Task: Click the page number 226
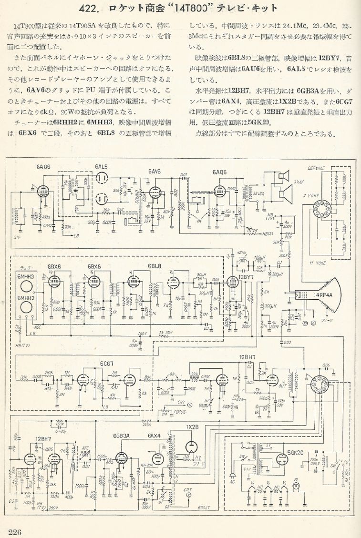click(15, 532)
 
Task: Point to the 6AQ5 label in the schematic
click(221, 171)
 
